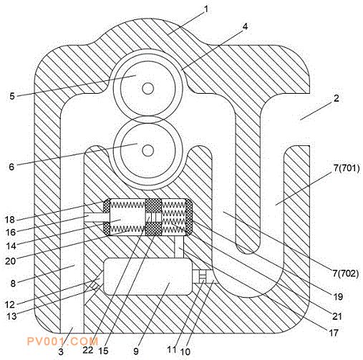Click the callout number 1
(206, 9)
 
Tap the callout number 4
(245, 26)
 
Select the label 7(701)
(347, 168)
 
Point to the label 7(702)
(346, 273)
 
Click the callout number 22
(88, 350)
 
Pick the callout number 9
(136, 351)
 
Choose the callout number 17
(334, 333)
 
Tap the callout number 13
(11, 316)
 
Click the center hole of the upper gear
(147, 89)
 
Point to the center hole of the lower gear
(147, 150)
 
